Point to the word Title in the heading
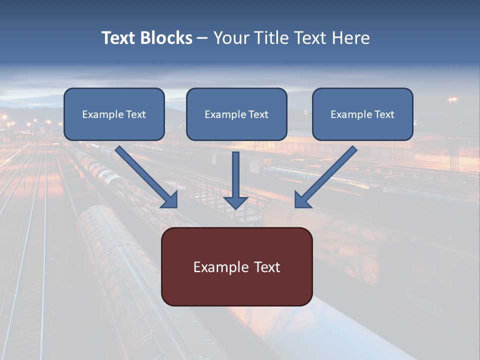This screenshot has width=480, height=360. pos(268,38)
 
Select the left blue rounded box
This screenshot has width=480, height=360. pos(114,130)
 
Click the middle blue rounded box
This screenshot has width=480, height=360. pos(236,130)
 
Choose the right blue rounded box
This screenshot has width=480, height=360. pos(362,130)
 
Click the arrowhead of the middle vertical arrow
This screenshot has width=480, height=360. pos(235,202)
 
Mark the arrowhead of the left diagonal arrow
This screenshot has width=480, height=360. pos(170,200)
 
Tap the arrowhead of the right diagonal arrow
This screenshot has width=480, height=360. pos(302,200)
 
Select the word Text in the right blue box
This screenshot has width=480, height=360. pos(384,114)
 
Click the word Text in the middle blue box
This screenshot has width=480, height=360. pos(258,114)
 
